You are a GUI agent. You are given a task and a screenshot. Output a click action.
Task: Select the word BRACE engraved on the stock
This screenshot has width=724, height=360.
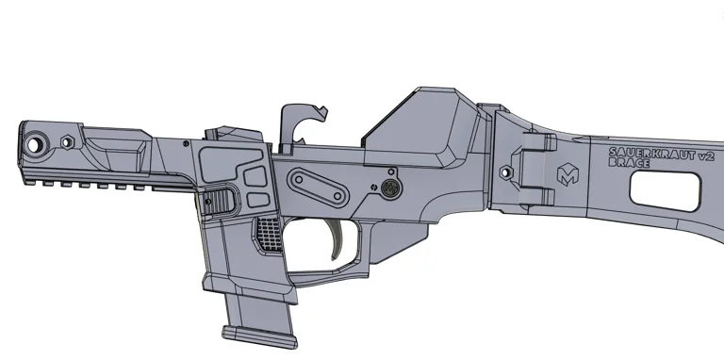629,163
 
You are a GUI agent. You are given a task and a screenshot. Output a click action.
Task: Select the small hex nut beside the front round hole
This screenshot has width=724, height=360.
68,141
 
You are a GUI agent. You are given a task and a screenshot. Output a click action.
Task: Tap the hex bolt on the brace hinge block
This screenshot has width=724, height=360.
505,172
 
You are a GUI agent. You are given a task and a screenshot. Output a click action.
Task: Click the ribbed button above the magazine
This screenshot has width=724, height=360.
219,199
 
